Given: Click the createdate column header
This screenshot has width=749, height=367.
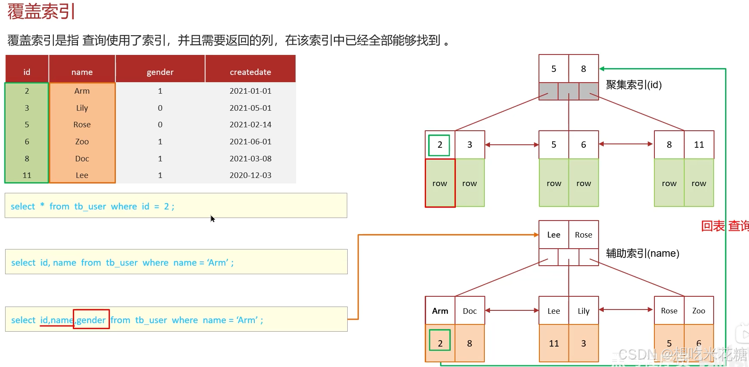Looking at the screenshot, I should coord(250,72).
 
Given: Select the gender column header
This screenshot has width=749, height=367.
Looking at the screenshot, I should coord(160,72).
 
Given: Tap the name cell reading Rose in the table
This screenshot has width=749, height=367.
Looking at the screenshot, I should coord(82,124).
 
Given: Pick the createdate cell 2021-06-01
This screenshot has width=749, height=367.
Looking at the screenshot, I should coord(250,141).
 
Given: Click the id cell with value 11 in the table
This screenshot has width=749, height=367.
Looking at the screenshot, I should coord(27,175).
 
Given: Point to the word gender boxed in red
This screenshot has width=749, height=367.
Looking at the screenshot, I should coord(91,320).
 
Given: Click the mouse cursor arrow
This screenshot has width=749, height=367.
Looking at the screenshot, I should coord(212,218).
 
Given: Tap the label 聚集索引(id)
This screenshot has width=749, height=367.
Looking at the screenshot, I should coord(634,85).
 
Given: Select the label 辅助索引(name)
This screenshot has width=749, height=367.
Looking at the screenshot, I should coord(642,253).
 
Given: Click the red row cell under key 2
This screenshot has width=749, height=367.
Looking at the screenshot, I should coord(440,183).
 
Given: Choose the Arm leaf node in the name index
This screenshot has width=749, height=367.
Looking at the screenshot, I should coord(440,311).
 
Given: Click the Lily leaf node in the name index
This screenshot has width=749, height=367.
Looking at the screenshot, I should coord(583,311).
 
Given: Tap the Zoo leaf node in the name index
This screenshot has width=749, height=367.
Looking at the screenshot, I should coord(698,311).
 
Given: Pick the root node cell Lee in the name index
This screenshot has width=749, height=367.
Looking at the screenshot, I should coord(553,235).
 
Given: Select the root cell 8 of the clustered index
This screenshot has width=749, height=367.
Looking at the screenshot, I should coord(583,69).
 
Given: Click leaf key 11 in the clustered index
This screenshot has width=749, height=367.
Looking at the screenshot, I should coord(699,145).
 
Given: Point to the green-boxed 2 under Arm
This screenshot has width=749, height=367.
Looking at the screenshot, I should coord(440,343).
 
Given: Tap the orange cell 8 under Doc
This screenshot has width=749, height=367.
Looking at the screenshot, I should coord(470,343).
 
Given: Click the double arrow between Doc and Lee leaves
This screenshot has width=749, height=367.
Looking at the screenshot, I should coord(512,310).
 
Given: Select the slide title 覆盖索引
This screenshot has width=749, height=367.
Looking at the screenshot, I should coord(41,11).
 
